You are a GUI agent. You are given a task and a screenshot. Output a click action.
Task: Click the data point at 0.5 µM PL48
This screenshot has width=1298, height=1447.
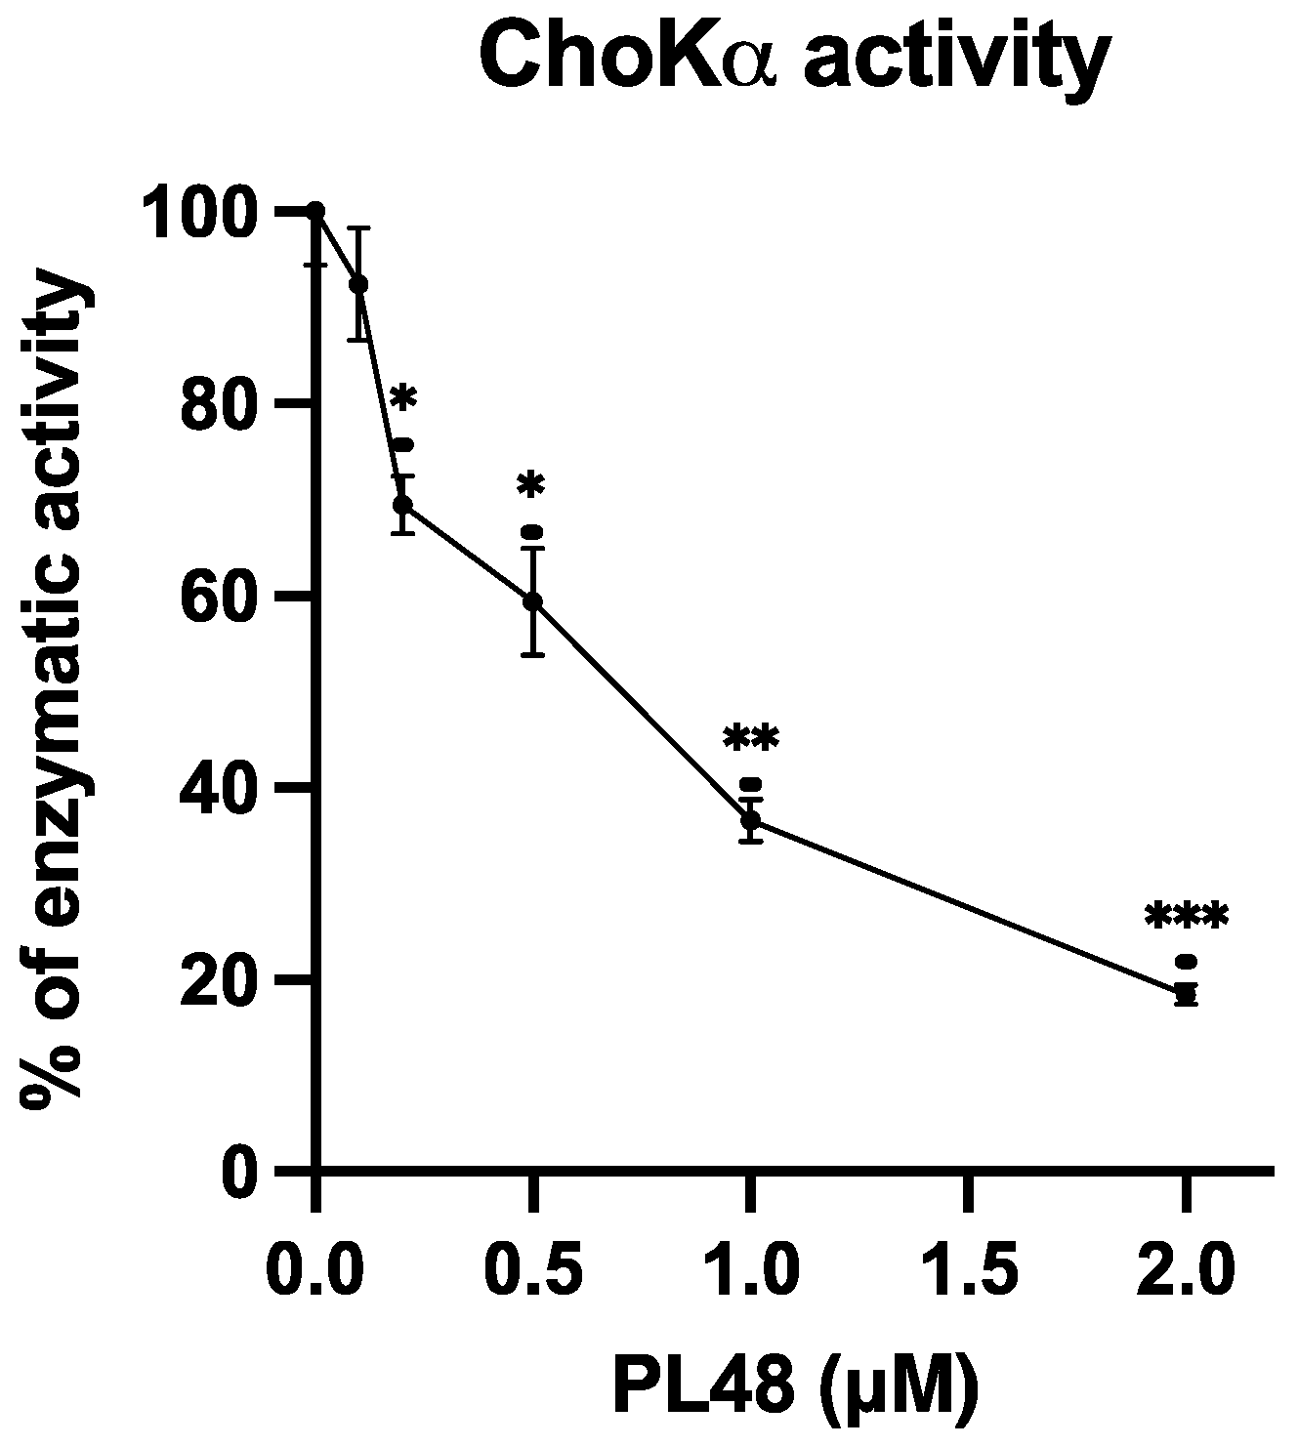click(x=532, y=600)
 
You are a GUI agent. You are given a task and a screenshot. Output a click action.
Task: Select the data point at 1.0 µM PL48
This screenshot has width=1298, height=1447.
click(x=750, y=820)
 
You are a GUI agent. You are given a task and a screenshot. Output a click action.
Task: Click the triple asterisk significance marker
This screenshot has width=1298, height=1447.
click(x=1186, y=917)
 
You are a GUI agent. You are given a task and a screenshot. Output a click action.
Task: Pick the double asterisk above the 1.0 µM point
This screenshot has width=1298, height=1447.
click(x=750, y=738)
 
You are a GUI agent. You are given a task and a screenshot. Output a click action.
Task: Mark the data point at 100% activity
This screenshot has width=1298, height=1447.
click(x=315, y=211)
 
